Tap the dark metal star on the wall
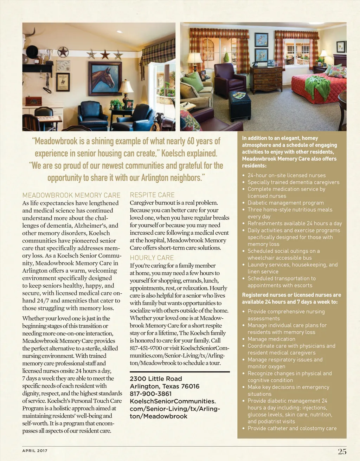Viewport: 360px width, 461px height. click(63, 52)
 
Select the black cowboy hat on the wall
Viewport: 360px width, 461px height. click(32, 52)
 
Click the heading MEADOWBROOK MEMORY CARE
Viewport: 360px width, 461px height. click(71, 195)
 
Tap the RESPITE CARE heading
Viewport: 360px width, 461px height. click(152, 195)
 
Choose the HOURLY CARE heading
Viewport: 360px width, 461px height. click(152, 258)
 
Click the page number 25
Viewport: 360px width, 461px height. click(342, 452)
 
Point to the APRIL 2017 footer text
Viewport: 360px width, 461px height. click(35, 450)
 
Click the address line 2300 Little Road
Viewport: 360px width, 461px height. click(156, 379)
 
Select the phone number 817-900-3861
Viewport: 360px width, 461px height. click(151, 394)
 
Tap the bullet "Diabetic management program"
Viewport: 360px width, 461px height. click(285, 203)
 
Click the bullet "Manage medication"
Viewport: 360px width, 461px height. click(271, 339)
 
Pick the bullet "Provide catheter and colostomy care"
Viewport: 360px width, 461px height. click(292, 428)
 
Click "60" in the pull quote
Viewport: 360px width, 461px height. click(191, 141)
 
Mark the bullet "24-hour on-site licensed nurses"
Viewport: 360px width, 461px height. click(287, 175)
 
